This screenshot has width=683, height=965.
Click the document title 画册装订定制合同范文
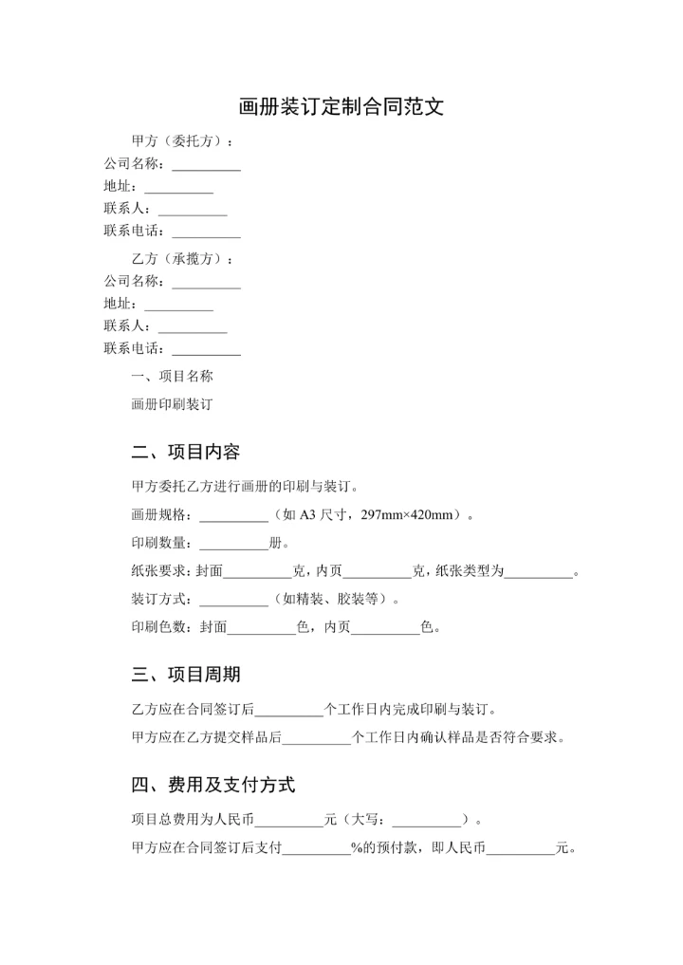(x=341, y=106)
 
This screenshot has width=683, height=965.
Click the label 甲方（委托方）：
(x=182, y=142)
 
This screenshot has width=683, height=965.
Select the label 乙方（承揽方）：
(x=182, y=259)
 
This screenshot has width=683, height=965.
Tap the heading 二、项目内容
(x=185, y=452)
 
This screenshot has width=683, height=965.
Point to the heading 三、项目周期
(x=185, y=675)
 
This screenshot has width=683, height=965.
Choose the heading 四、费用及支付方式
(x=212, y=785)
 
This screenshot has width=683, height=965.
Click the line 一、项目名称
(x=172, y=376)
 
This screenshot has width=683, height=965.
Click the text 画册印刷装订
(x=172, y=403)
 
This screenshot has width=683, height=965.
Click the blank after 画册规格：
(x=233, y=517)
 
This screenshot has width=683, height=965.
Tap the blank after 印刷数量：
(x=233, y=545)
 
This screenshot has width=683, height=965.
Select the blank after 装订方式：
(x=233, y=601)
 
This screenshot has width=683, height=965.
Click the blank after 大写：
(x=426, y=821)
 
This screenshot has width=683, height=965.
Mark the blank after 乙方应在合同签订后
(x=290, y=710)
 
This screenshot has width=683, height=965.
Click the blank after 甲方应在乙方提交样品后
(x=317, y=737)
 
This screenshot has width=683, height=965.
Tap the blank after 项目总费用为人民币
(x=289, y=821)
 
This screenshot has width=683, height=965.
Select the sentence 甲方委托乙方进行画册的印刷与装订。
(x=245, y=488)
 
